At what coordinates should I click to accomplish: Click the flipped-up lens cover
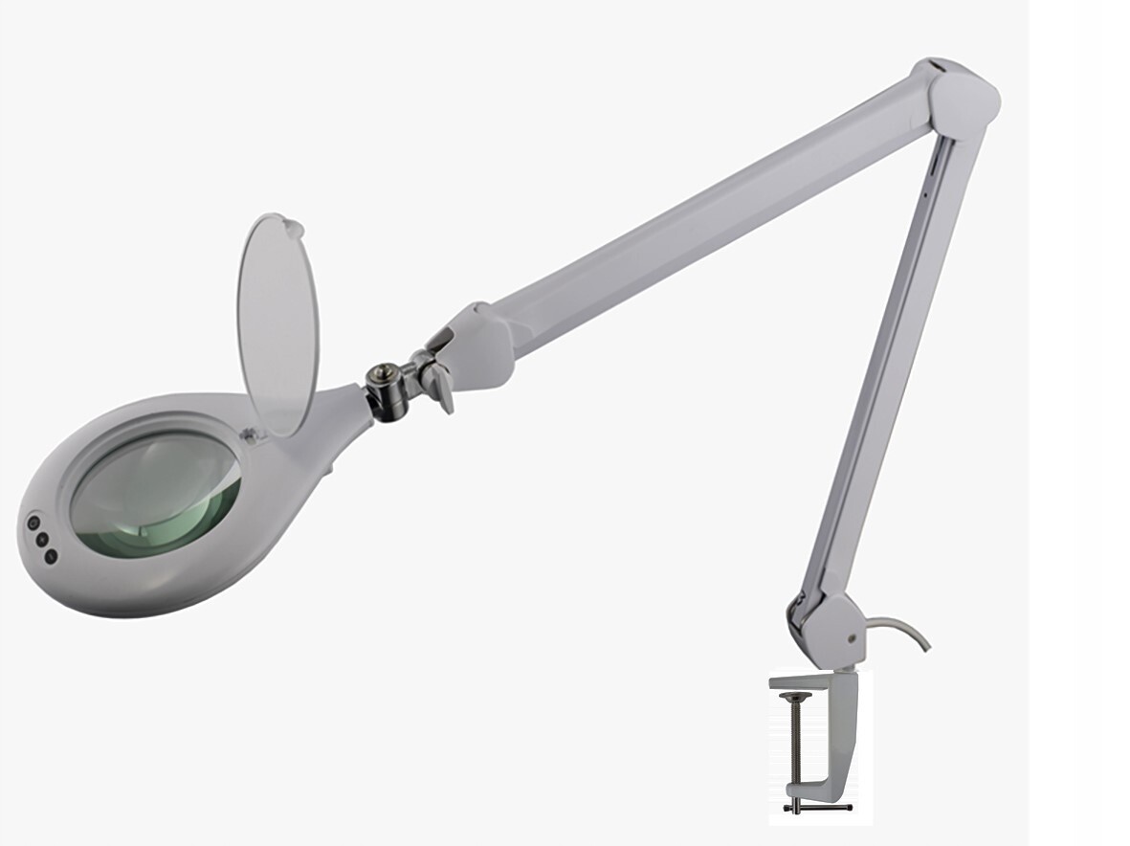(x=277, y=325)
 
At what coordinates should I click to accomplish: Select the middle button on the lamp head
(x=42, y=540)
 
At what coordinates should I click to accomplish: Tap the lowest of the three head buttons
(x=51, y=555)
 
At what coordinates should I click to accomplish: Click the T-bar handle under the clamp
(x=816, y=808)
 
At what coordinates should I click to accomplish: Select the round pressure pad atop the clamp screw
(x=795, y=698)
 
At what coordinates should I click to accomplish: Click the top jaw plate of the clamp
(x=804, y=681)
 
